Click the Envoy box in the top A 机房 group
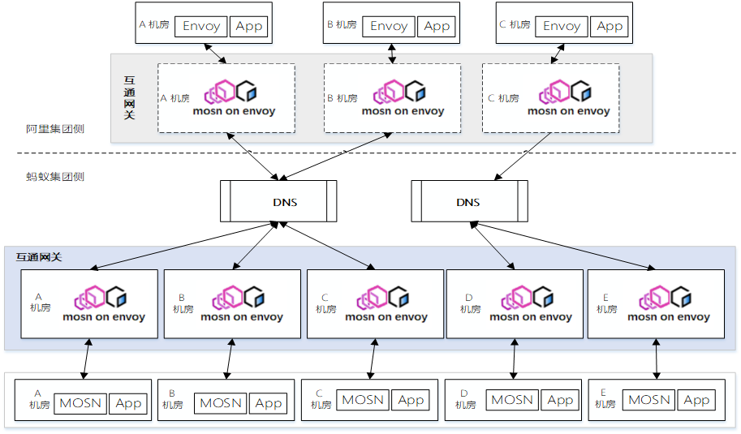click(200, 26)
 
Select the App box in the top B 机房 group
click(436, 26)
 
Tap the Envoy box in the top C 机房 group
click(562, 26)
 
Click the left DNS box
click(278, 201)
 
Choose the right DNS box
click(469, 201)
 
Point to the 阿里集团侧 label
click(55, 129)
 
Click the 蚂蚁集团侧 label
click(55, 177)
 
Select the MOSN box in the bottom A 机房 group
click(80, 403)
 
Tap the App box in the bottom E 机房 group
click(696, 400)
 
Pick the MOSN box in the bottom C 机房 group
click(363, 400)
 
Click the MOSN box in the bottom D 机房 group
click(512, 400)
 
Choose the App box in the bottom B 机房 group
click(268, 403)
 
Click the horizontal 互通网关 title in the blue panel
click(39, 257)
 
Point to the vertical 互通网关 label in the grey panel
click(130, 98)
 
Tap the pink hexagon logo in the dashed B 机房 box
click(389, 92)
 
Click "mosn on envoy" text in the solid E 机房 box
click(669, 317)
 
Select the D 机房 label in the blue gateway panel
click(470, 303)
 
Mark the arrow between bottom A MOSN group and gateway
click(87, 359)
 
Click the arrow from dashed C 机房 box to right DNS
click(523, 157)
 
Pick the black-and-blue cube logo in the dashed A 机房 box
click(247, 91)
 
